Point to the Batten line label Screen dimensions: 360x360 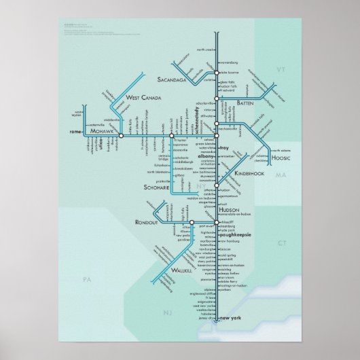pos(245,103)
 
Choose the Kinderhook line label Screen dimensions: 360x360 pos(247,174)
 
